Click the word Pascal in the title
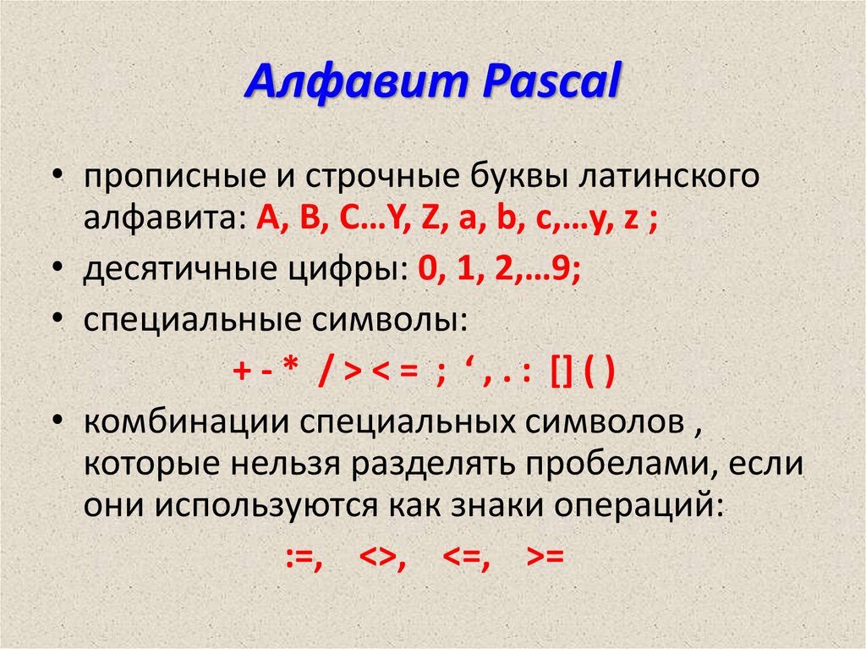551,82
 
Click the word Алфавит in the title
356,83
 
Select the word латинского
670,177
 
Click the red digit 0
426,269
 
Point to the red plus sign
242,371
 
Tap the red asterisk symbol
290,366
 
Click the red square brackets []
562,372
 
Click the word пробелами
617,464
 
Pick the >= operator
545,556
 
